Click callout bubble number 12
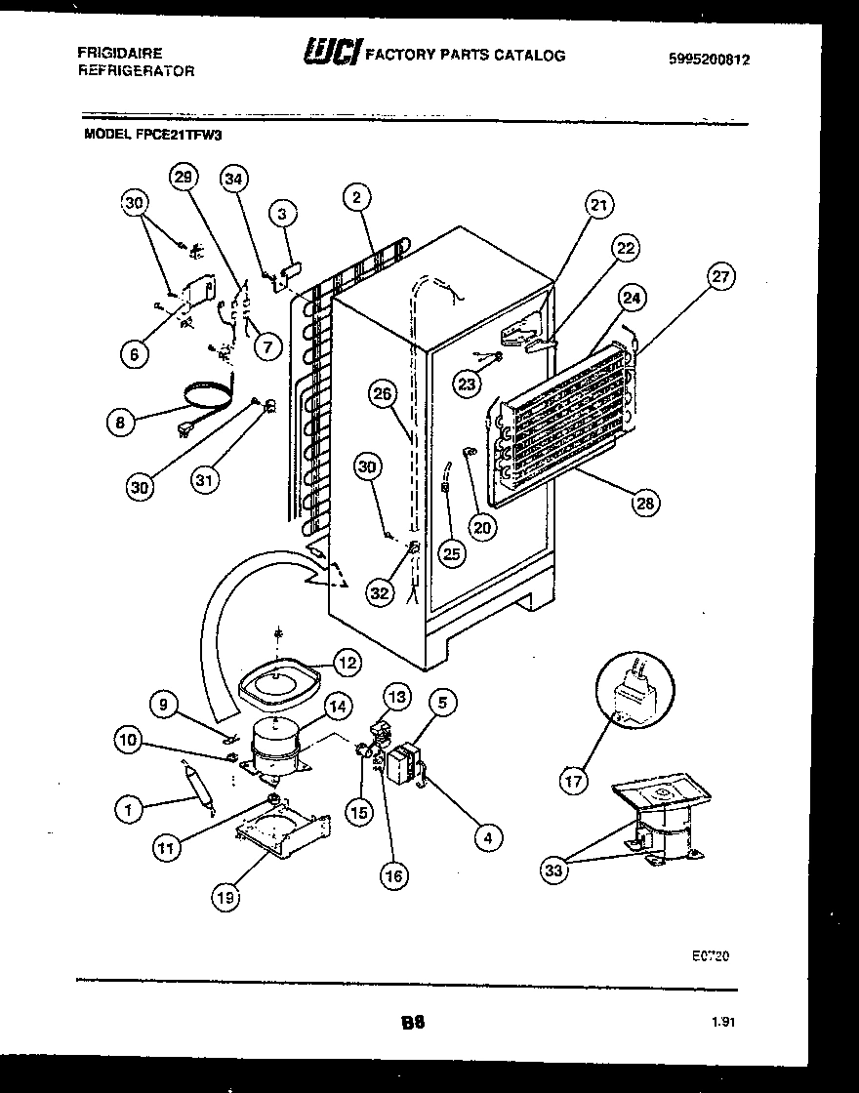[345, 663]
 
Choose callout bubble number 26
[384, 395]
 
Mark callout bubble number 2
[357, 198]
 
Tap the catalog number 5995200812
[709, 59]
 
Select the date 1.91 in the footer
[723, 1022]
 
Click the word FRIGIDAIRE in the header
[121, 53]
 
